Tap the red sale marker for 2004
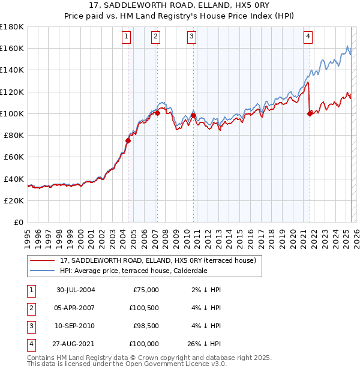(128, 140)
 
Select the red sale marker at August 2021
(310, 113)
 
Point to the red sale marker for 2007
(157, 113)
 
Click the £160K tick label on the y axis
(12, 48)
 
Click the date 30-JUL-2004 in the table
(76, 290)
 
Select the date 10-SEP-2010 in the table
(76, 326)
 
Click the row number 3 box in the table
(31, 326)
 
